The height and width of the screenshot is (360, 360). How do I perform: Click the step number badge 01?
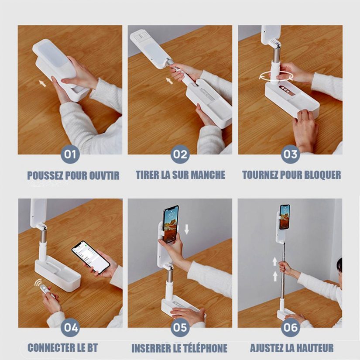point(70,154)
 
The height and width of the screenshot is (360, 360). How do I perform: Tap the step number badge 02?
point(180,154)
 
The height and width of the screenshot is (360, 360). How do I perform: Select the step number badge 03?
point(291,154)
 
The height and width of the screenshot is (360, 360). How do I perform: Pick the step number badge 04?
point(70,327)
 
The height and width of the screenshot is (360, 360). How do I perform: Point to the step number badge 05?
point(180,327)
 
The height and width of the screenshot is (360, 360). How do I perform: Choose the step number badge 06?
point(291,327)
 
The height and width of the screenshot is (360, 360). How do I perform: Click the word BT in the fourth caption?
point(93,348)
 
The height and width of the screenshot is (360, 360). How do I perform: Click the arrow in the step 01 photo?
point(42,83)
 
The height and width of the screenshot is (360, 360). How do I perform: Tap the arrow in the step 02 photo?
point(169,81)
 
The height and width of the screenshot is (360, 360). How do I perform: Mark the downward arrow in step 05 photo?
point(187,229)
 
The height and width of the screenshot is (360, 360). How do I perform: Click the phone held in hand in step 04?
point(91,257)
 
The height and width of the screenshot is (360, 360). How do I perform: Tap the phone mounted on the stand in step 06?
point(285,217)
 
